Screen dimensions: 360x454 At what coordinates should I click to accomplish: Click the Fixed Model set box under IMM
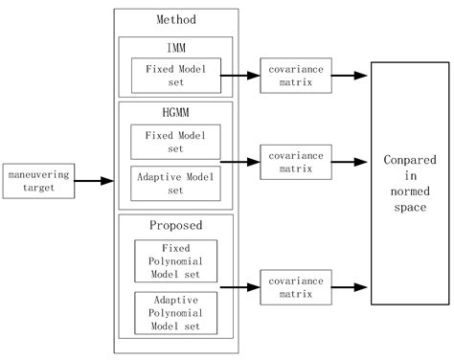tap(175, 75)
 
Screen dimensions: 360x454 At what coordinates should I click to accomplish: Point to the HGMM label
tap(175, 112)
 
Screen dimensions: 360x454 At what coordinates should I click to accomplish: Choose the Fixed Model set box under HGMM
tap(175, 141)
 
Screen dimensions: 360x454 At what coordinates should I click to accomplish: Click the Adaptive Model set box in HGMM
tap(175, 182)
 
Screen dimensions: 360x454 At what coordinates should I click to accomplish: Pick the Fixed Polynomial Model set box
tap(175, 259)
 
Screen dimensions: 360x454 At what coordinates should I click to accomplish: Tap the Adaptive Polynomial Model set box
tap(175, 312)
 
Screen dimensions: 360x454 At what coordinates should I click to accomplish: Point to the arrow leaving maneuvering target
tap(91, 180)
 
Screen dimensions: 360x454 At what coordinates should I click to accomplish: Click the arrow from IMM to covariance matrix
tap(239, 75)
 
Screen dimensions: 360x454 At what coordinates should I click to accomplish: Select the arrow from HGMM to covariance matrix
tap(239, 159)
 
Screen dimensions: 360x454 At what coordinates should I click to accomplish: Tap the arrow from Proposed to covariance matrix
tap(239, 285)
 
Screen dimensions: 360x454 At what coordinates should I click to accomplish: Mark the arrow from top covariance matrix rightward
tap(349, 75)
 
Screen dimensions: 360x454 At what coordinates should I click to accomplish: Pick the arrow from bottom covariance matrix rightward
tap(349, 285)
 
